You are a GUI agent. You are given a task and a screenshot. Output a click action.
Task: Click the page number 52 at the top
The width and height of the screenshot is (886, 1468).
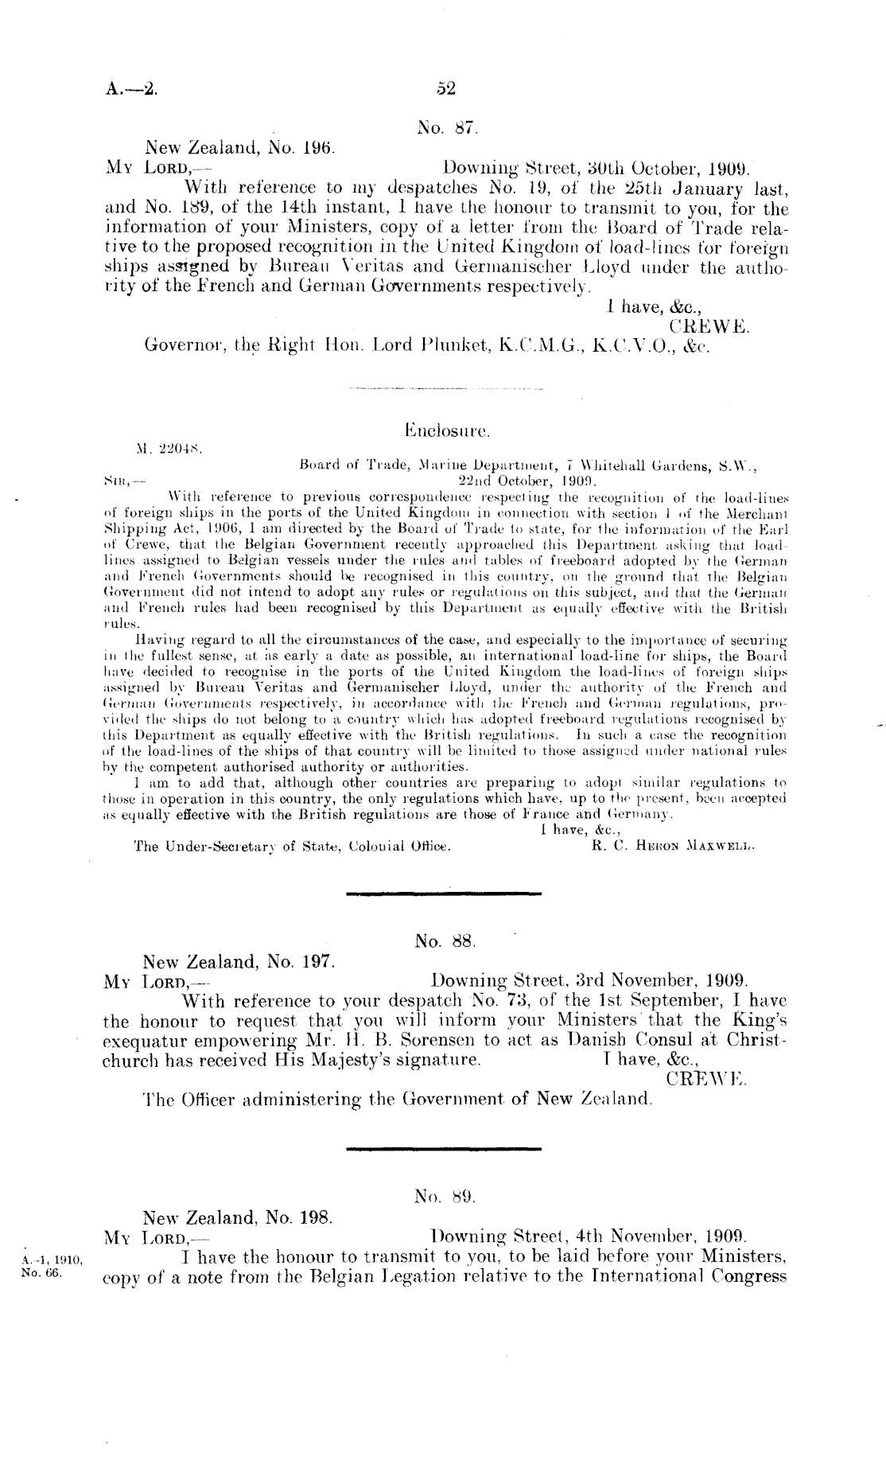pyautogui.click(x=445, y=89)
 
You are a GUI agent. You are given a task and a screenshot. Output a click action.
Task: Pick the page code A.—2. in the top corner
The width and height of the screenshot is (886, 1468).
pyautogui.click(x=131, y=89)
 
